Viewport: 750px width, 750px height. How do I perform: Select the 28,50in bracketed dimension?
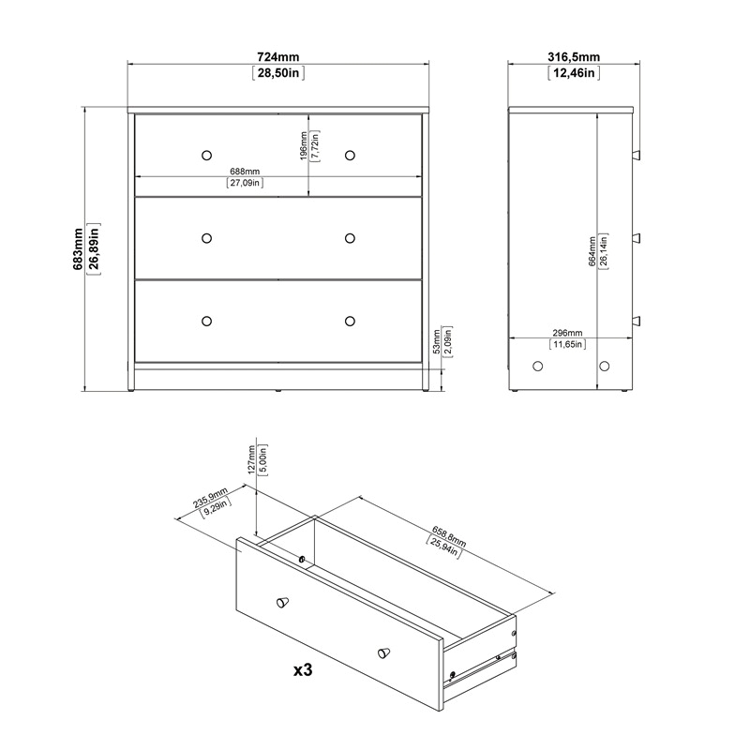click(277, 73)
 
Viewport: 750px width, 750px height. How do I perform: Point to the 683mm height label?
click(78, 248)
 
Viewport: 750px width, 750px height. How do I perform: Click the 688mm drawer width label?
click(244, 172)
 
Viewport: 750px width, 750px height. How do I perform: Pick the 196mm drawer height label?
click(304, 147)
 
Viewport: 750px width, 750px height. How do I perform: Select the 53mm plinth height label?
click(436, 344)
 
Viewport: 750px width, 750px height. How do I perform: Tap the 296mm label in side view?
click(567, 333)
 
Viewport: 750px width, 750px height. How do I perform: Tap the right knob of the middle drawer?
click(351, 237)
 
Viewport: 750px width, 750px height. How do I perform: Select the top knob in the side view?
click(637, 155)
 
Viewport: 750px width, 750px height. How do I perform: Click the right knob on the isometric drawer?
click(382, 652)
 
